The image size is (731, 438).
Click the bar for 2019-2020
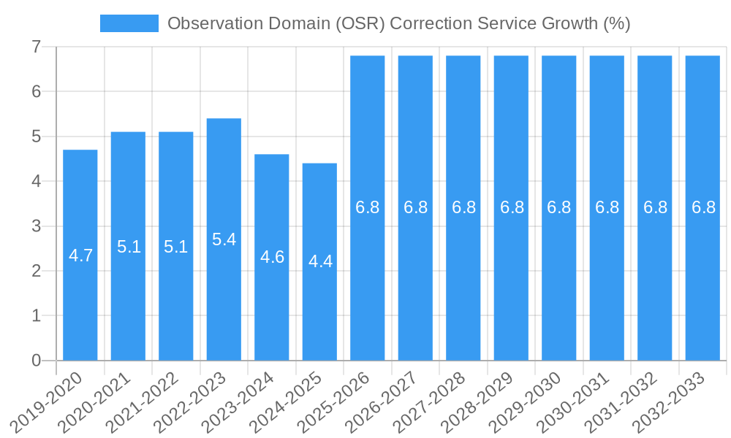coord(80,255)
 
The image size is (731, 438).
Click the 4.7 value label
coord(80,255)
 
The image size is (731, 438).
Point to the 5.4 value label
coord(224,239)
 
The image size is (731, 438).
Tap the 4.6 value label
coord(272,257)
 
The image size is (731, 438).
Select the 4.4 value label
coord(320,261)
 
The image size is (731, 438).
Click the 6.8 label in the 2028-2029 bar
coord(512,207)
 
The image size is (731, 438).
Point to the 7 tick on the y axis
coord(36,47)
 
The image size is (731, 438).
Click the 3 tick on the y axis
coord(36,226)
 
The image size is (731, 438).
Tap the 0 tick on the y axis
coord(36,361)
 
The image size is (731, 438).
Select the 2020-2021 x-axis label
coord(94,402)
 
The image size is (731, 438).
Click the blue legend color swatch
coord(129,23)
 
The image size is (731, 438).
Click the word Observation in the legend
coord(213,23)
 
